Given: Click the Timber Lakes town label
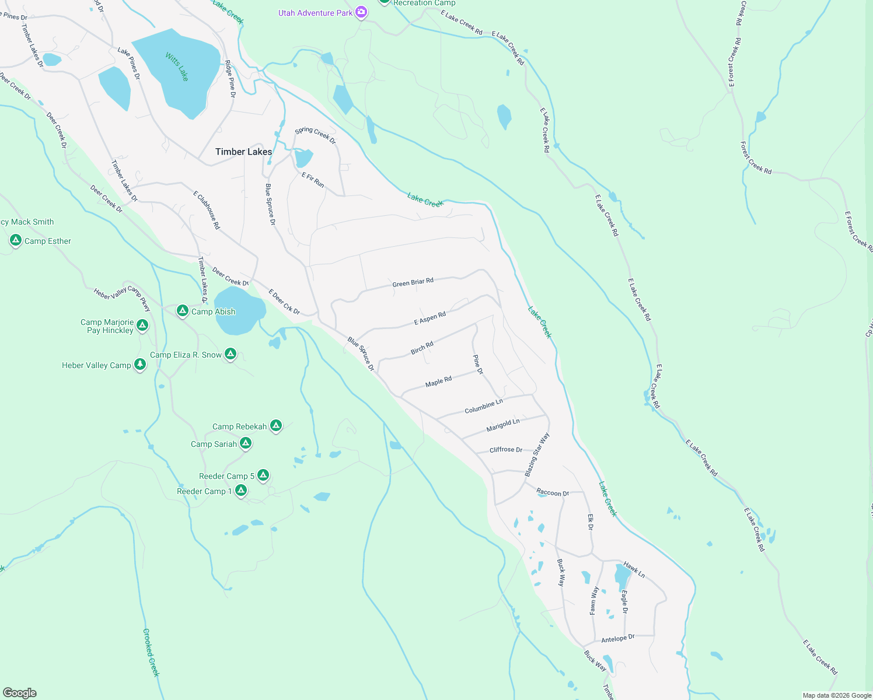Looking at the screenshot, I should [243, 152].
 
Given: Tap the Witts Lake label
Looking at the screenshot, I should [177, 66].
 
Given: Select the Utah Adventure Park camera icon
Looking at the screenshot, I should [361, 12].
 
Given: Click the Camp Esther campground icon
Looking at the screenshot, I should [16, 240].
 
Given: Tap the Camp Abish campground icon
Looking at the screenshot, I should [183, 311].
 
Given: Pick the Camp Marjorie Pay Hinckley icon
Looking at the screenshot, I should [142, 325].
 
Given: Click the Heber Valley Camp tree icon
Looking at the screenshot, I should [139, 365].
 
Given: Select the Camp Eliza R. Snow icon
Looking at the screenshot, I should [231, 353].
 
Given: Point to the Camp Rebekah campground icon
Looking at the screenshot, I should [276, 426].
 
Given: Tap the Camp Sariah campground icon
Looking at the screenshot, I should [246, 443].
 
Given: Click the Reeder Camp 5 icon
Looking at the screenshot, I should [263, 475].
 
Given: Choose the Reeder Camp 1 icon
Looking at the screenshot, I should [240, 491].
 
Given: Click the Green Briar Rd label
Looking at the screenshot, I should [413, 282].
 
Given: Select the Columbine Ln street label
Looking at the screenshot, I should [483, 407].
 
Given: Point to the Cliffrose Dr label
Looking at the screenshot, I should [506, 450].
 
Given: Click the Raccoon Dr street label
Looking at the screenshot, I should [553, 493].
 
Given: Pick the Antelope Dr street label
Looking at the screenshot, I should [617, 639].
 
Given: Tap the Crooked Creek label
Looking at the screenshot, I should [151, 652].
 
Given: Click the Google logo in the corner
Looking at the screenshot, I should [20, 693].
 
